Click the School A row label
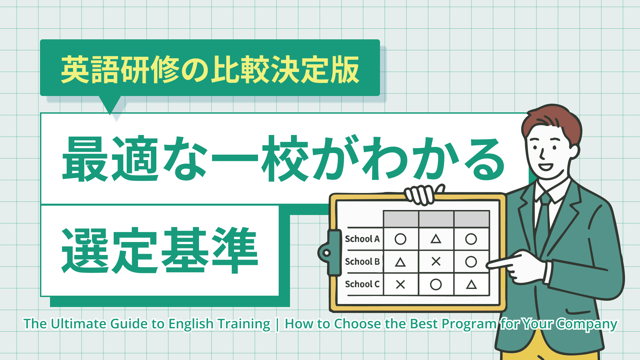tap(362, 239)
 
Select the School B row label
tap(362, 262)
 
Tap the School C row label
tap(362, 284)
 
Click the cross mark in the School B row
tap(436, 261)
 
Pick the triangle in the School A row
tap(436, 239)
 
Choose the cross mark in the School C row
tap(400, 284)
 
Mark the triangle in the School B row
tap(400, 262)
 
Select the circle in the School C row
tap(436, 284)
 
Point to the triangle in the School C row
tap(471, 284)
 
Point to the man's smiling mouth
tap(546, 166)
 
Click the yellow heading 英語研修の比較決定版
tap(210, 69)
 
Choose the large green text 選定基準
tap(160, 250)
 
